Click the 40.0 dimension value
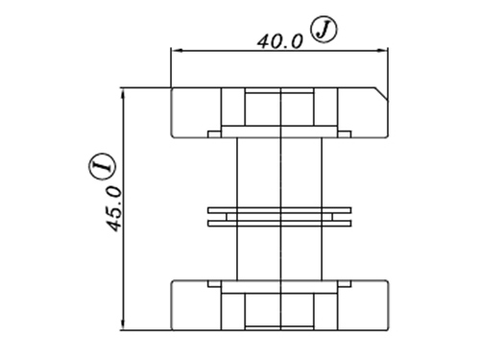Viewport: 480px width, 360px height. pos(279,41)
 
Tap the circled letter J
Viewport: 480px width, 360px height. pos(324,31)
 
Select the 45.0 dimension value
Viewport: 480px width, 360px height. pos(114,208)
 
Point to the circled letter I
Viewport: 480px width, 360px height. pos(101,166)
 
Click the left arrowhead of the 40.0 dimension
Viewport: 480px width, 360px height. pos(177,50)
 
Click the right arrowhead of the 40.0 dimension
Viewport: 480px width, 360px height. pos(382,50)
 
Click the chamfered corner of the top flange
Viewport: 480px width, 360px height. pos(381,93)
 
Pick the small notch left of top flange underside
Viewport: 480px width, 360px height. pos(214,134)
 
